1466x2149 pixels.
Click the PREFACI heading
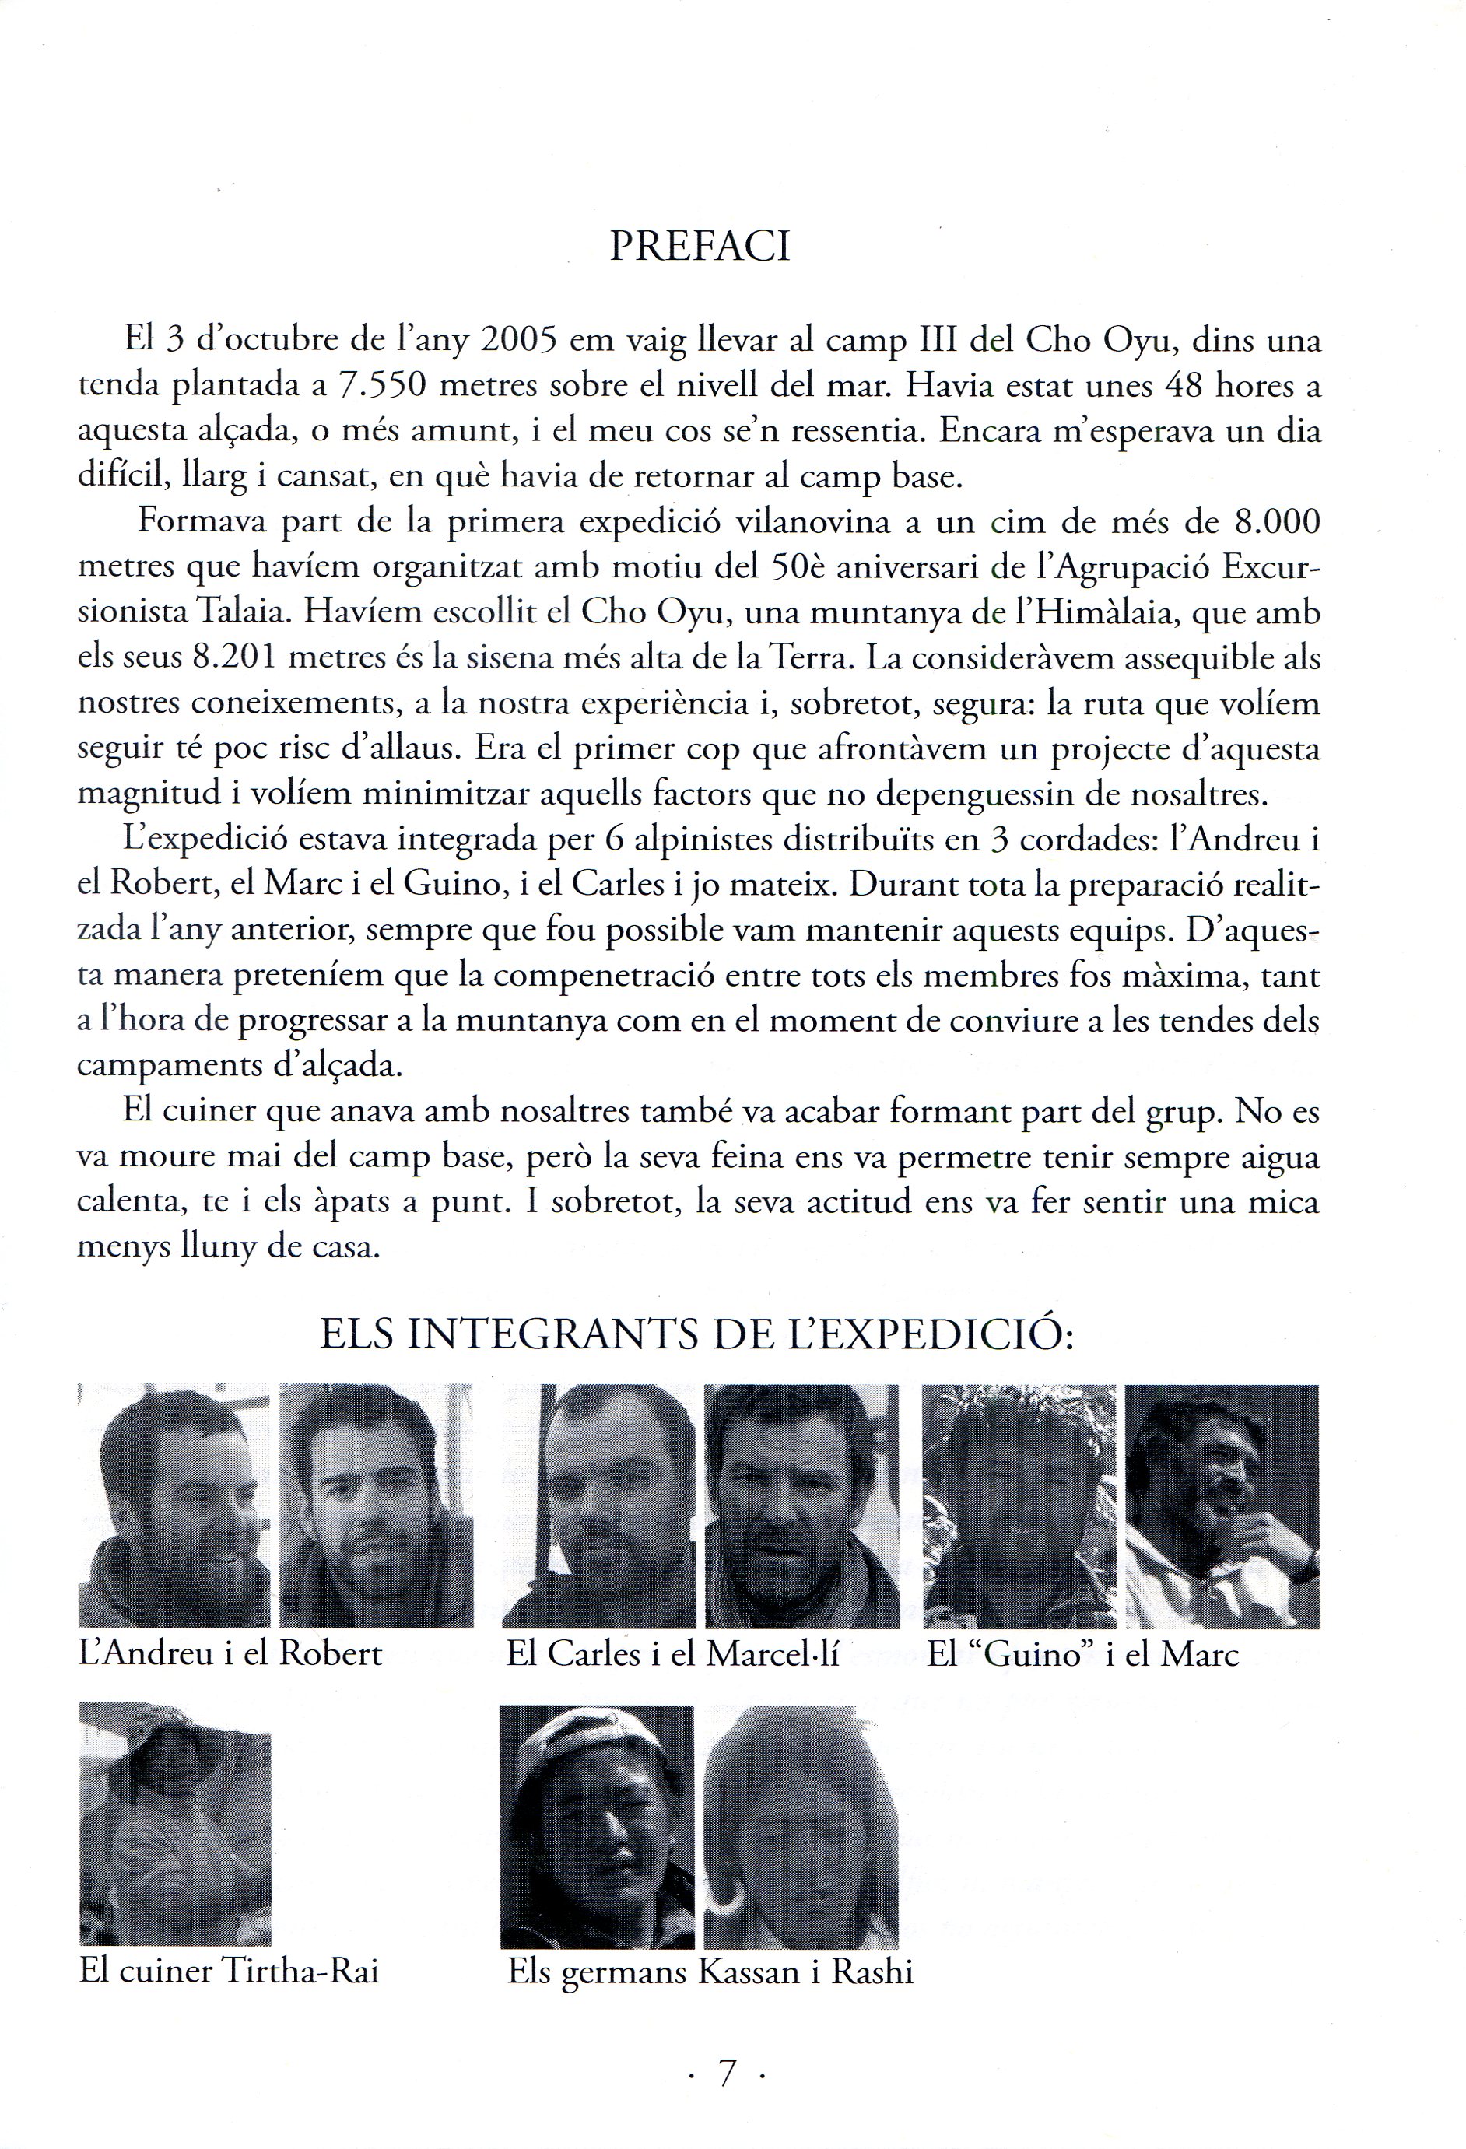[x=700, y=247]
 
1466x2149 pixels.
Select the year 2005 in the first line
[x=518, y=342]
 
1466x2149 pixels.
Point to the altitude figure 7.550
[x=381, y=387]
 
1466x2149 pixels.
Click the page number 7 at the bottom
[x=727, y=2074]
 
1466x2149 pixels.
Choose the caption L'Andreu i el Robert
[x=230, y=1653]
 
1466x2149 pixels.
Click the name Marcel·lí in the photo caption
[x=773, y=1653]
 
